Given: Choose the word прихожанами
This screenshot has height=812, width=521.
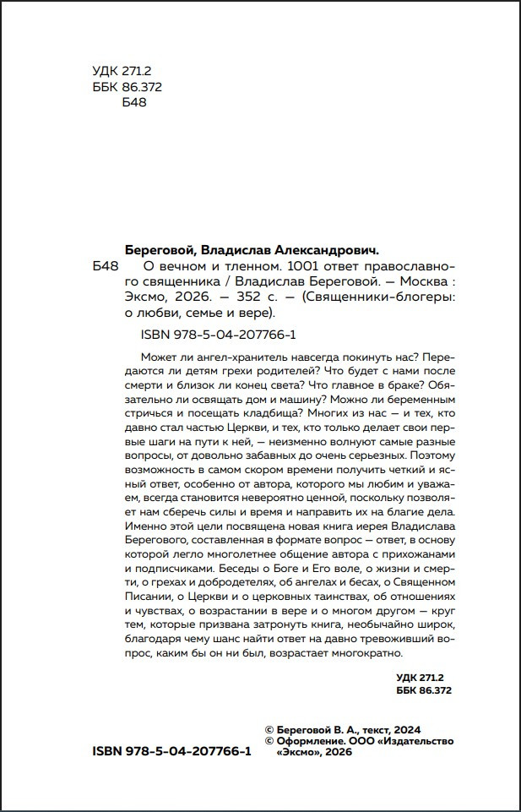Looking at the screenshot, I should [x=419, y=555].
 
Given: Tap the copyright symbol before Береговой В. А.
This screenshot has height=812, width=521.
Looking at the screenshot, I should [x=269, y=729].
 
